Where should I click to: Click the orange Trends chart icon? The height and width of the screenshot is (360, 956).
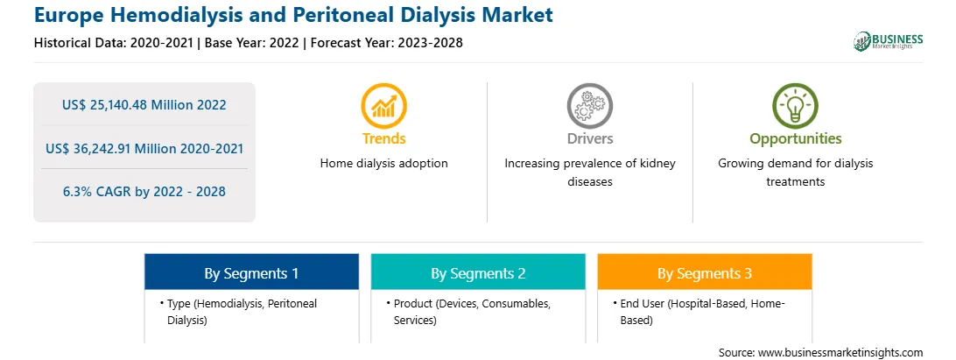tap(383, 106)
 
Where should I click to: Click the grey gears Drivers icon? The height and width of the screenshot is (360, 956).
tap(589, 106)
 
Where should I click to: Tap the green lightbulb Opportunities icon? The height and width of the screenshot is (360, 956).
tap(795, 106)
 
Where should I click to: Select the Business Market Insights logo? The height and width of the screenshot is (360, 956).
tap(889, 41)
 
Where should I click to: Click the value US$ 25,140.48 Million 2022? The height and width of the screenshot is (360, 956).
tap(144, 105)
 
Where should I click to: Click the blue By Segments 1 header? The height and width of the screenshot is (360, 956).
tap(251, 272)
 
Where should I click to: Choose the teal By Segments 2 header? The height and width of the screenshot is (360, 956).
tap(478, 272)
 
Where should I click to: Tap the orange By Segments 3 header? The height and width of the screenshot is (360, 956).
tap(704, 272)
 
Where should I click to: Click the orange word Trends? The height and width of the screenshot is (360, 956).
tap(383, 138)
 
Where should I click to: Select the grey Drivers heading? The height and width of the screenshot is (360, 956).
tap(589, 138)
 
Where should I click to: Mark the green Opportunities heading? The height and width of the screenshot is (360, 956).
tap(795, 138)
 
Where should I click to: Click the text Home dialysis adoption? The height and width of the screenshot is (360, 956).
tap(383, 164)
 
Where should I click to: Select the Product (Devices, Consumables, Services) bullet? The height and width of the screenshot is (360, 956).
tap(468, 312)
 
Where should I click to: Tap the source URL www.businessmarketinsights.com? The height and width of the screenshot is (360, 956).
tap(840, 353)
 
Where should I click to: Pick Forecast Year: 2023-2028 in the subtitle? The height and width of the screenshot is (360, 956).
tap(389, 43)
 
